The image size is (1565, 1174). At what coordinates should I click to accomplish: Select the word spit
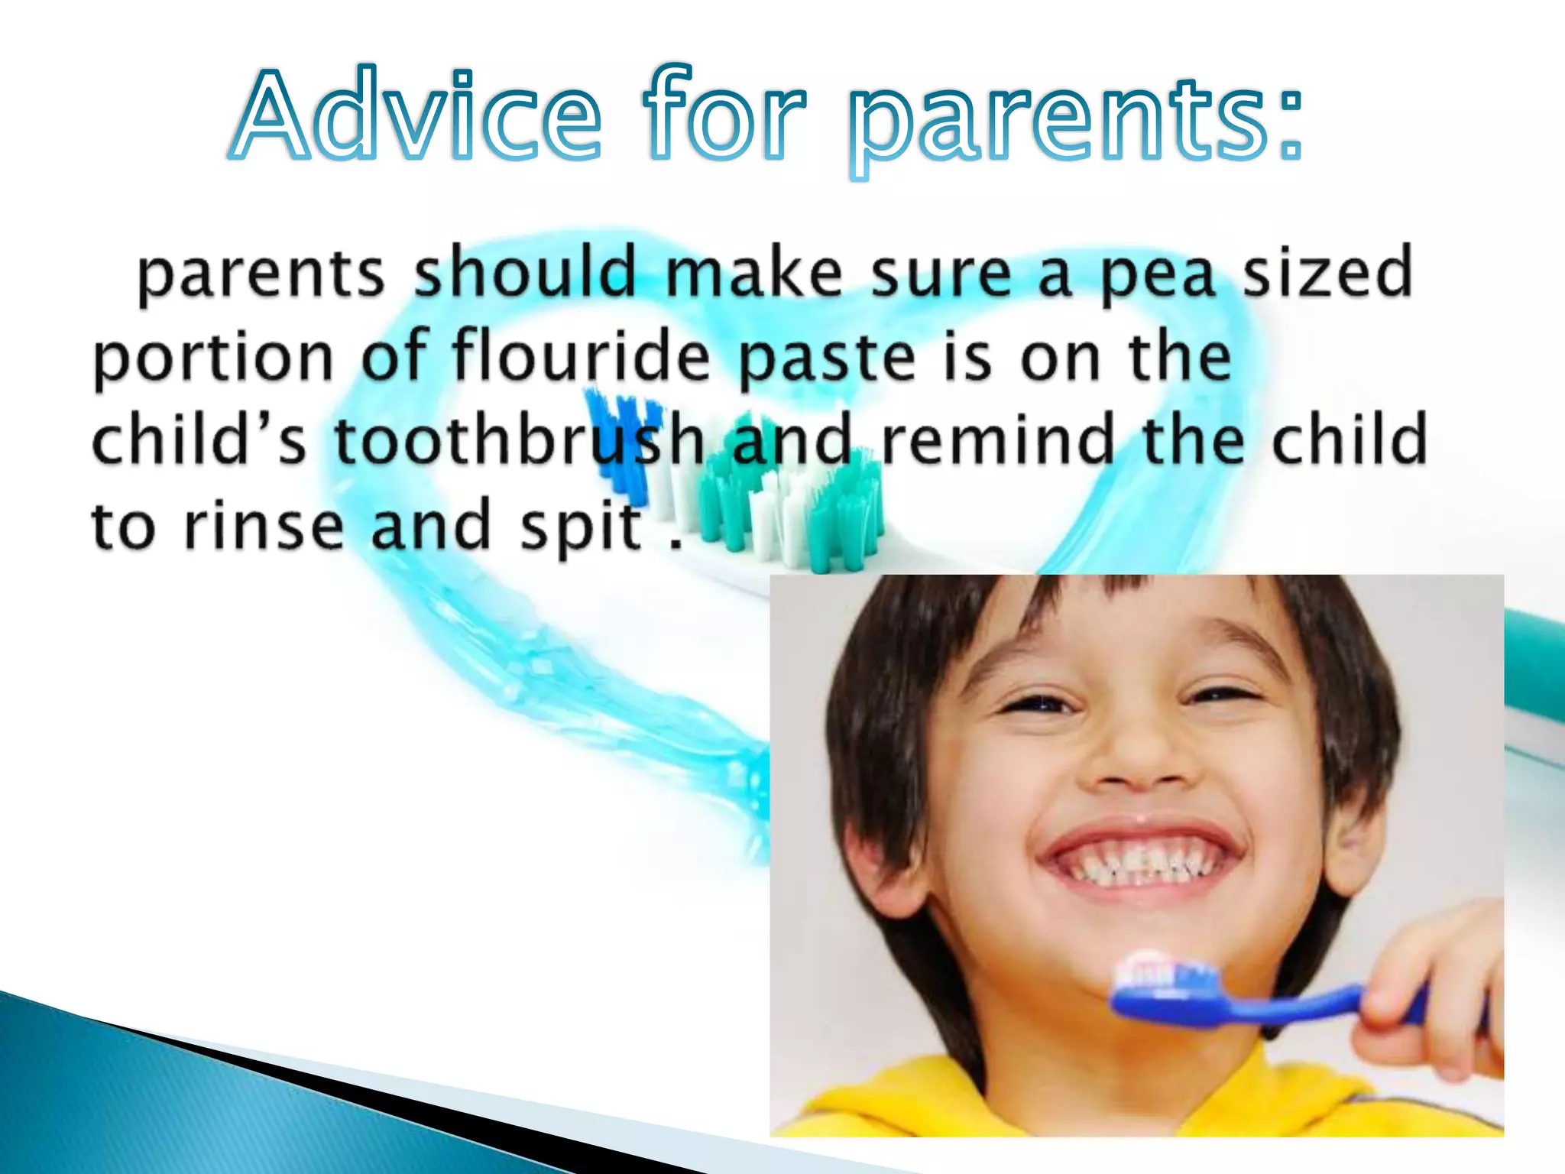pos(581,527)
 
